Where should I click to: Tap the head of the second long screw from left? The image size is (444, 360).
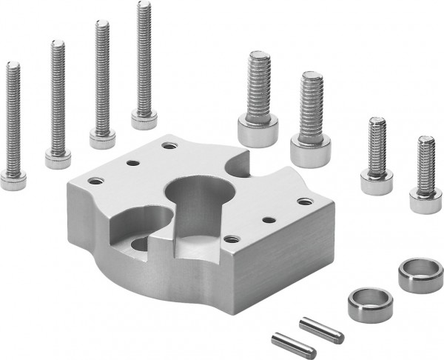[x=56, y=157]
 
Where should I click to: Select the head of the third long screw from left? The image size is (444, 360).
[x=101, y=138]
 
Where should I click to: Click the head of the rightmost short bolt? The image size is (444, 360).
[x=423, y=201]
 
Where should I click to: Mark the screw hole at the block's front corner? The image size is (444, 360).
[x=232, y=239]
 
